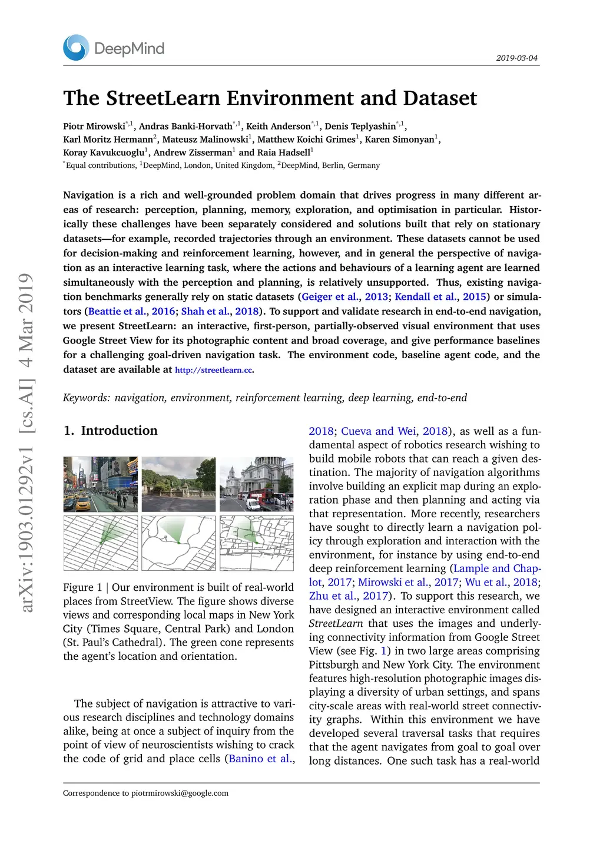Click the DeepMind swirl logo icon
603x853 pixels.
click(76, 48)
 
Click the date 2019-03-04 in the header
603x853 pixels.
click(516, 58)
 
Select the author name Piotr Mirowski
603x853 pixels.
click(94, 126)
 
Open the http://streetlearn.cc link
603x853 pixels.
click(213, 370)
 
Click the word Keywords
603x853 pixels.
click(86, 398)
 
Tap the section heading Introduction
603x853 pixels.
click(119, 431)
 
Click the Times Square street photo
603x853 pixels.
click(101, 484)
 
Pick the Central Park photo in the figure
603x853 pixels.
click(178, 484)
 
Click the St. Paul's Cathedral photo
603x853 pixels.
click(256, 484)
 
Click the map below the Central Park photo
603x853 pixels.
click(178, 543)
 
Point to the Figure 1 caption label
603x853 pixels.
click(82, 588)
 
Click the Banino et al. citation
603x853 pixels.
click(260, 759)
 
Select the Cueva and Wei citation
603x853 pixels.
click(378, 431)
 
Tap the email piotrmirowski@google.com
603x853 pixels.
click(180, 794)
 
